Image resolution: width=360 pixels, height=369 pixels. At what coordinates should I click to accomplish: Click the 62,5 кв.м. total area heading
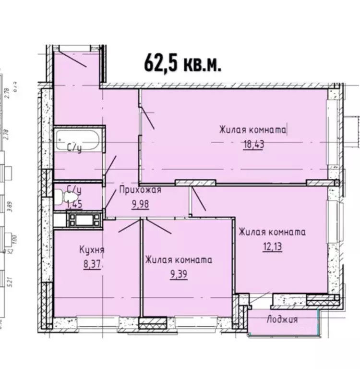coord(182,62)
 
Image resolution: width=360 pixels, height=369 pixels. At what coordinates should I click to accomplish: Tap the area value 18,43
coord(254,144)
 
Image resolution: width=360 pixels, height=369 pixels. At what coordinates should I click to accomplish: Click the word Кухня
coord(92,250)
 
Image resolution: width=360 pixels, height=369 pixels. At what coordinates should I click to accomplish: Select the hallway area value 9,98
coord(140,203)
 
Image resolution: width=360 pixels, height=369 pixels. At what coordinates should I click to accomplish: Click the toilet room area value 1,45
coord(74,204)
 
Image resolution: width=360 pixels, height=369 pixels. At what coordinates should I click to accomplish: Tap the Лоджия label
coord(282,320)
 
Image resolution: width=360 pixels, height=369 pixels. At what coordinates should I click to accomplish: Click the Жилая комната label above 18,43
coord(253,130)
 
